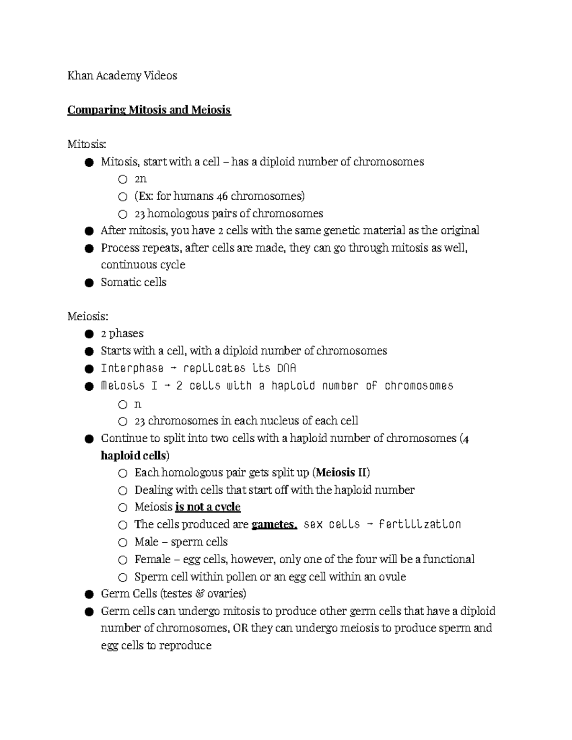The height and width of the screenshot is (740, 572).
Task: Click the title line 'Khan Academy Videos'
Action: pos(122,76)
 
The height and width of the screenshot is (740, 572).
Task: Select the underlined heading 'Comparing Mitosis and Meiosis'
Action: pos(149,110)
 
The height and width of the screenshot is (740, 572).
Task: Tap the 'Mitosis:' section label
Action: pos(87,144)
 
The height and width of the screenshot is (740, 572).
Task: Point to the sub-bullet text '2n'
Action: pos(140,179)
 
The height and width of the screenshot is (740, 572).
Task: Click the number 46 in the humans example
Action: pos(222,196)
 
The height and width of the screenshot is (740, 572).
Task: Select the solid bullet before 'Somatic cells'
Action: pos(88,283)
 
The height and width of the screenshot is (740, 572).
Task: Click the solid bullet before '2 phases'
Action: pos(88,334)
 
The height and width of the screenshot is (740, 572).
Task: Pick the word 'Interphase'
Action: pos(132,368)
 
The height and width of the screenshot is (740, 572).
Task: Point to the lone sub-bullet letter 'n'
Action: pos(138,405)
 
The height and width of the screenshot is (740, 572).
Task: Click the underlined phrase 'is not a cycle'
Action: pos(208,507)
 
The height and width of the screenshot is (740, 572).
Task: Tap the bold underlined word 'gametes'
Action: pos(274,525)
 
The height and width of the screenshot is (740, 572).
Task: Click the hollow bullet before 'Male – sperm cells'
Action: pos(123,543)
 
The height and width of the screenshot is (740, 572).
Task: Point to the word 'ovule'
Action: pos(392,577)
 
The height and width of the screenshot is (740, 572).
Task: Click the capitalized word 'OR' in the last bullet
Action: pos(240,628)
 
